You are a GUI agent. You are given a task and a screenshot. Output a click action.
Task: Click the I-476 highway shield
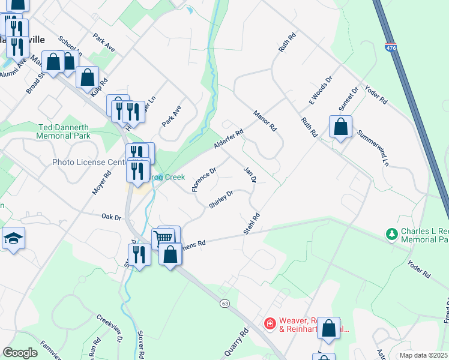coord(391,47)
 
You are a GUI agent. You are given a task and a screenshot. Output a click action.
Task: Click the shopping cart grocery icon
coord(163,238)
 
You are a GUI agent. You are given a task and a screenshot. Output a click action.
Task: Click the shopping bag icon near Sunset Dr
coord(340,127)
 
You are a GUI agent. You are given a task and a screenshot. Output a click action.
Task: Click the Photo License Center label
coord(88,162)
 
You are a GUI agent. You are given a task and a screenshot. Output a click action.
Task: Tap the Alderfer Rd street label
coord(229,140)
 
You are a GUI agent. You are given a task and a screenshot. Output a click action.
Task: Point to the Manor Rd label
coord(264,120)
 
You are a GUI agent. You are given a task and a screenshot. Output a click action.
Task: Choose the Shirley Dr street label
coord(220,199)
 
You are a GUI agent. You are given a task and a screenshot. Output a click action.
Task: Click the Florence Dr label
coord(203,180)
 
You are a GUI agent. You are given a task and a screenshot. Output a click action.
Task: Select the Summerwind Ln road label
coord(373,148)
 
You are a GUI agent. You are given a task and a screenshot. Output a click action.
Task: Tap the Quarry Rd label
coord(235,343)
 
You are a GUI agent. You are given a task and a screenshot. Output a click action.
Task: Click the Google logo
coord(20,352)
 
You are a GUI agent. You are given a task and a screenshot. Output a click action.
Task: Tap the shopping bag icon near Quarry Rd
coord(328,329)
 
